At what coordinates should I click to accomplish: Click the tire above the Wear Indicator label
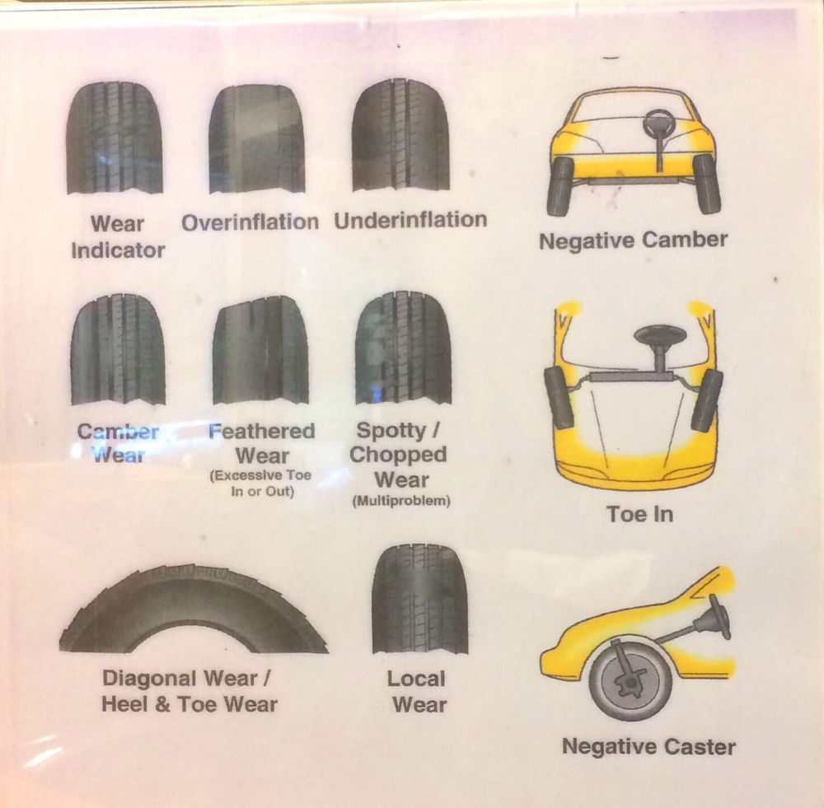[115, 138]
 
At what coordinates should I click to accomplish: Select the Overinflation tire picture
[256, 138]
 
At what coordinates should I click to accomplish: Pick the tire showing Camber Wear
[118, 350]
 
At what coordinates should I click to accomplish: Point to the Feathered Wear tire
[260, 350]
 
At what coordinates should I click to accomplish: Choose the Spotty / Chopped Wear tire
[403, 348]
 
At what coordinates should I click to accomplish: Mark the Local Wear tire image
[419, 599]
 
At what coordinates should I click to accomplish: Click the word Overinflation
[250, 222]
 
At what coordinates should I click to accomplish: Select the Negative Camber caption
[633, 241]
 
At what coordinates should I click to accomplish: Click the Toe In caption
[639, 514]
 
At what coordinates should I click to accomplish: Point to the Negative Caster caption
[648, 747]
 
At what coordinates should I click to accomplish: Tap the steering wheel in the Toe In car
[660, 337]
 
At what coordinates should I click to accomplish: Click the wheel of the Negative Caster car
[630, 680]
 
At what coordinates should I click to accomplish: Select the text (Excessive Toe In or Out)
[260, 483]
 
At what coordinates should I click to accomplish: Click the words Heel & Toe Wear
[190, 704]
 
